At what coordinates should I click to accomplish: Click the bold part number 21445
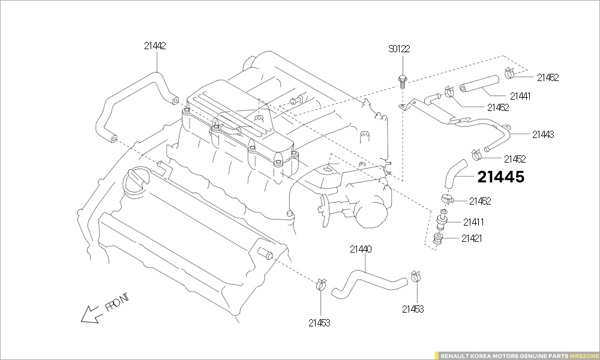pyautogui.click(x=501, y=177)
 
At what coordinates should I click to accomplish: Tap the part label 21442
pyautogui.click(x=155, y=46)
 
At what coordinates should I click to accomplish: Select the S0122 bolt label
pyautogui.click(x=399, y=49)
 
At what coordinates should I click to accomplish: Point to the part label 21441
pyautogui.click(x=520, y=96)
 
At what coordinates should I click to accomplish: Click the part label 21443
pyautogui.click(x=542, y=134)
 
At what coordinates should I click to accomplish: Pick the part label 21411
pyautogui.click(x=473, y=222)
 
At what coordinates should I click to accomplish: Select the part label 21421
pyautogui.click(x=472, y=238)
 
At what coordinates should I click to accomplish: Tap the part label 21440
pyautogui.click(x=361, y=248)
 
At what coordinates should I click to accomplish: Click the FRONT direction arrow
pyautogui.click(x=90, y=314)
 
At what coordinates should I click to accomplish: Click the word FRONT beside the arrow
pyautogui.click(x=117, y=302)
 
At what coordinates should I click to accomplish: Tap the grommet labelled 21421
pyautogui.click(x=439, y=239)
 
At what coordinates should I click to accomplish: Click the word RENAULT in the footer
pyautogui.click(x=455, y=356)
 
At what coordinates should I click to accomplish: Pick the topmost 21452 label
pyautogui.click(x=548, y=77)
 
